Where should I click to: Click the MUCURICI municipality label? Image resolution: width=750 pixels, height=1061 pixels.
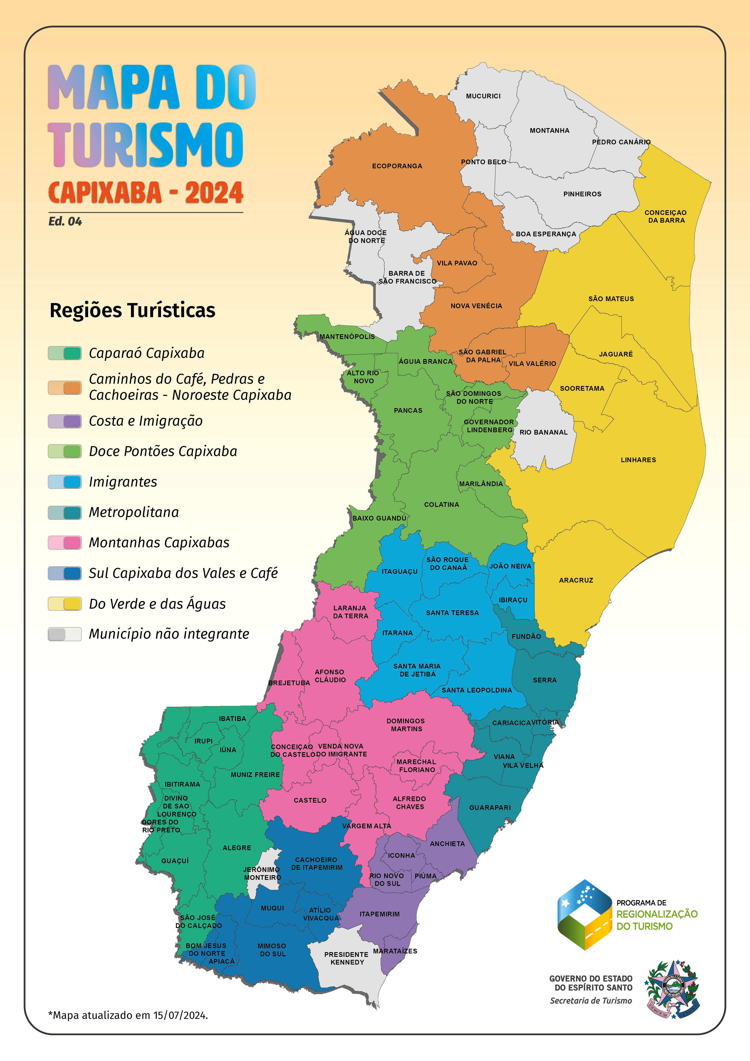(x=483, y=96)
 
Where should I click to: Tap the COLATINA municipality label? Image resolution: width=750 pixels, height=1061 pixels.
(x=441, y=505)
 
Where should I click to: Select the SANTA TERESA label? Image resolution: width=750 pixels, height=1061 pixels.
(x=452, y=613)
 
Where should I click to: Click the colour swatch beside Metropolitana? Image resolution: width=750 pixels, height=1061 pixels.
(x=65, y=512)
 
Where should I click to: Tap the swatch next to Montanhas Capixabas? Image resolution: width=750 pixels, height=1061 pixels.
(x=65, y=543)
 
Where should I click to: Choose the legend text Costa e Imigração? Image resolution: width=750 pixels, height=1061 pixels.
(x=145, y=421)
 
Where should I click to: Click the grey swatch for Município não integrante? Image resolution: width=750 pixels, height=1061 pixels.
(x=65, y=634)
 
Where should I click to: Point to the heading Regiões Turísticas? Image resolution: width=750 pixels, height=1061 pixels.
(x=133, y=310)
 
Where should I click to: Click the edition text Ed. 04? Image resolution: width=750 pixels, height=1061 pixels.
(x=65, y=221)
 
